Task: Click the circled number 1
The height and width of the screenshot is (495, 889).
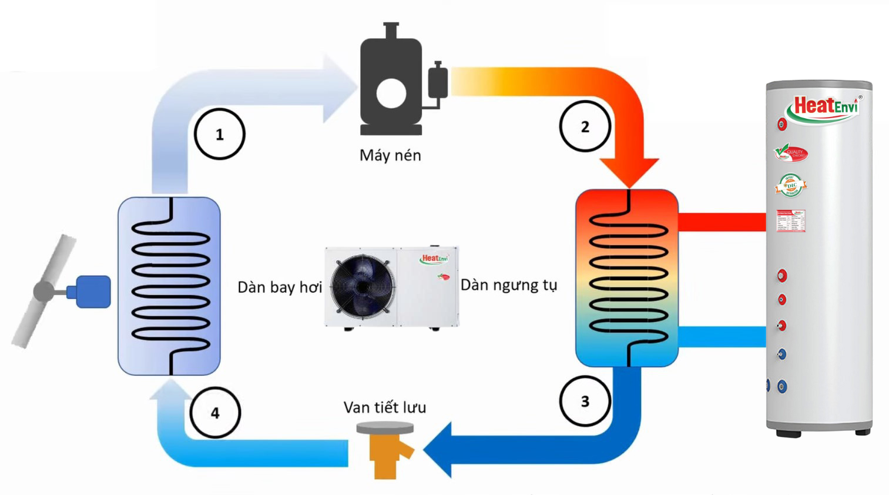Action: point(219,134)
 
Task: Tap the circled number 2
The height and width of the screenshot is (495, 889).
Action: point(585,126)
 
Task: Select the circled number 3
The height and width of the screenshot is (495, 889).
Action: point(585,401)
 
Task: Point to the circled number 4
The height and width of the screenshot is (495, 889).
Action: point(215,413)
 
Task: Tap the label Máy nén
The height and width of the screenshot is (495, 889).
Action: point(390,155)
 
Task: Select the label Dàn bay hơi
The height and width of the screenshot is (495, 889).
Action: point(279,287)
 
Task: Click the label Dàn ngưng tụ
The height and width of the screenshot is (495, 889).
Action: point(508,285)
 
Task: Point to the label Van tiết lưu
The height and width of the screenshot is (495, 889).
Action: point(385,407)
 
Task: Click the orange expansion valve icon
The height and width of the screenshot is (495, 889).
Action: point(386,451)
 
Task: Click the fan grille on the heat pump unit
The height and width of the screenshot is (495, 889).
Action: point(362,286)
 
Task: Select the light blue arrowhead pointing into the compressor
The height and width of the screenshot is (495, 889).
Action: point(338,88)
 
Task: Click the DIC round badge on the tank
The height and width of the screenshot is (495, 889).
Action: point(791,186)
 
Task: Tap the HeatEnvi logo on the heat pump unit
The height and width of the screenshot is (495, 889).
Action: point(434,259)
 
